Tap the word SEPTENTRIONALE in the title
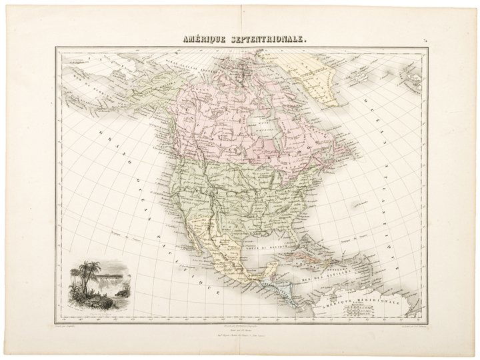[267, 39]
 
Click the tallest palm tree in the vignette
[84, 273]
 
